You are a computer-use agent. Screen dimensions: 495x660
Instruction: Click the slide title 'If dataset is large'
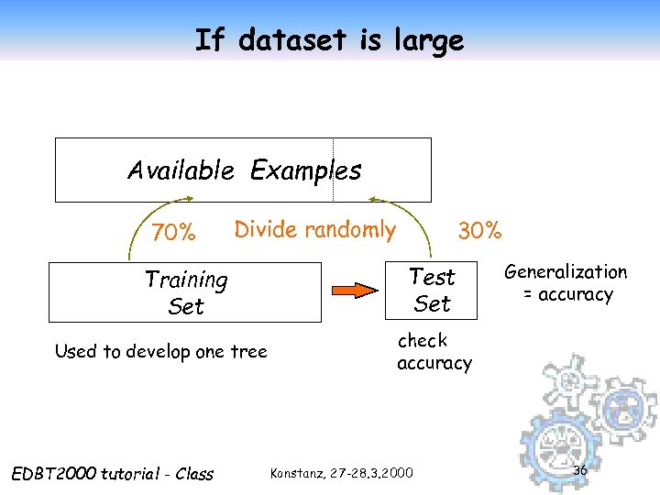click(329, 39)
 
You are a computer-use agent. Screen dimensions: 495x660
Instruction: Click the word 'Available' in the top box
click(182, 170)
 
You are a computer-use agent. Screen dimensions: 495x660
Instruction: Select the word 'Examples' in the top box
click(306, 170)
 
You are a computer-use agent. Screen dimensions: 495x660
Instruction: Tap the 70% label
click(173, 234)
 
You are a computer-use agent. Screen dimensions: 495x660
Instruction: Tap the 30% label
click(480, 231)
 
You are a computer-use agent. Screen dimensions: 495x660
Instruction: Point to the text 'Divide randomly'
click(314, 229)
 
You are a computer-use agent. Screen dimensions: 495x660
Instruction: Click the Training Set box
click(185, 292)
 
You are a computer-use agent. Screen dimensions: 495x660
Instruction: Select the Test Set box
click(432, 291)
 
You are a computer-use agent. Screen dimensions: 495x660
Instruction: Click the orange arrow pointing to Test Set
click(354, 291)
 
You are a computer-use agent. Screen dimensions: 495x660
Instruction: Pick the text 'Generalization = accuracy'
click(566, 282)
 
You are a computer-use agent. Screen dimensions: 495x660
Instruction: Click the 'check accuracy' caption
click(434, 352)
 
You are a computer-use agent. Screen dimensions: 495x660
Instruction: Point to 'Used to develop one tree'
click(160, 351)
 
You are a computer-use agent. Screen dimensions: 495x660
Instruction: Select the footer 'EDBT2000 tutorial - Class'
click(111, 474)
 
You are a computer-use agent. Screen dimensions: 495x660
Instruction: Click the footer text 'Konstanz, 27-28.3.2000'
click(341, 473)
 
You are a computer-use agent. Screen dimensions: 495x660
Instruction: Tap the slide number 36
click(579, 470)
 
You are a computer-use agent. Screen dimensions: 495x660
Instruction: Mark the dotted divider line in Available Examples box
click(333, 170)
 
